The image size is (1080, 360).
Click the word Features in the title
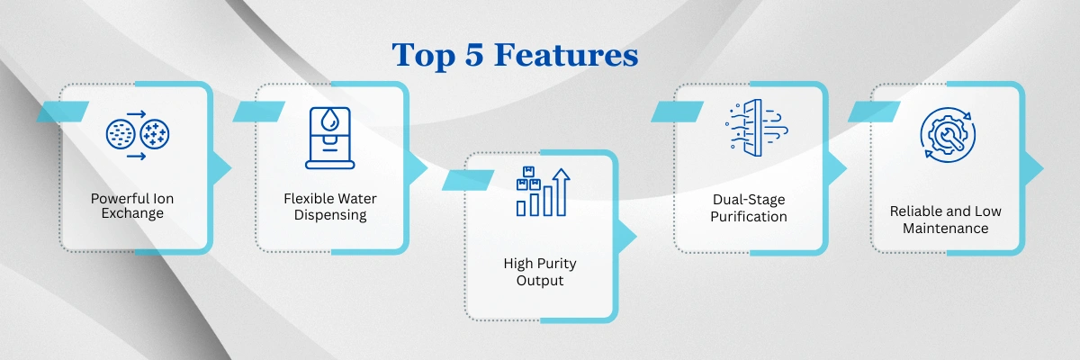pyautogui.click(x=566, y=55)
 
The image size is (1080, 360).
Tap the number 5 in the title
pyautogui.click(x=474, y=55)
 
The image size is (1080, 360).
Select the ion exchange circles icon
pyautogui.click(x=138, y=135)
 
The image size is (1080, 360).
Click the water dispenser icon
pyautogui.click(x=329, y=138)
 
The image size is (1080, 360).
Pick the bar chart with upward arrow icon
pyautogui.click(x=543, y=192)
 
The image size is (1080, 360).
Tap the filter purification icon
pyautogui.click(x=756, y=128)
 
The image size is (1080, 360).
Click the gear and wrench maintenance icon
pyautogui.click(x=948, y=135)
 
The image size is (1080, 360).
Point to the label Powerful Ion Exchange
pyautogui.click(x=132, y=206)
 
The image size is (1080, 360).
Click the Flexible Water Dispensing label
pyautogui.click(x=330, y=206)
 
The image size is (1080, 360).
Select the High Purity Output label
pyautogui.click(x=540, y=272)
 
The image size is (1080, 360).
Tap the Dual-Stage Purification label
pyautogui.click(x=749, y=208)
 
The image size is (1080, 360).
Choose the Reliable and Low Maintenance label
pyautogui.click(x=946, y=220)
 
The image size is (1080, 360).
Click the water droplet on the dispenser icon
pyautogui.click(x=330, y=119)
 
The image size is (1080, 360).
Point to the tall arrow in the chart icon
pyautogui.click(x=562, y=193)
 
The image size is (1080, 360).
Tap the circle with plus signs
pyautogui.click(x=155, y=133)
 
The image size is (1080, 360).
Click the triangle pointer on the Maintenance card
pyautogui.click(x=1033, y=168)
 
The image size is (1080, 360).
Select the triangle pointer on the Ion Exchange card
pyautogui.click(x=221, y=168)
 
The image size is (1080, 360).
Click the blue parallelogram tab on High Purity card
pyautogui.click(x=468, y=180)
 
